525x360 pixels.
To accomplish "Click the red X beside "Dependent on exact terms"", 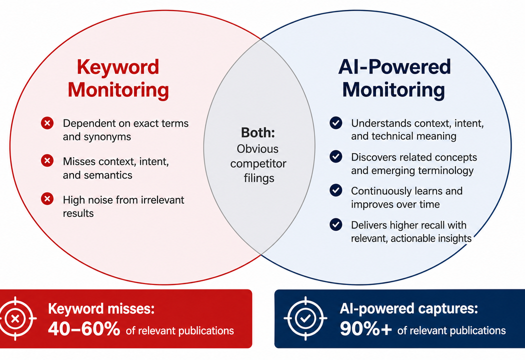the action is (x=47, y=123).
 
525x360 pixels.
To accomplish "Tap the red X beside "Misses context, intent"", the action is (x=47, y=160).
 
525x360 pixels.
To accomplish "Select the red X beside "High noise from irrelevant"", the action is (x=47, y=199).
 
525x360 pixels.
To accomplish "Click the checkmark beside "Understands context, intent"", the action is (x=336, y=123).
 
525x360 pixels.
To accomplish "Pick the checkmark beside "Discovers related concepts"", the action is (x=336, y=156).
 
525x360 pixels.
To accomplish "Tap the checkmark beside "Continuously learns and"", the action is (x=336, y=190).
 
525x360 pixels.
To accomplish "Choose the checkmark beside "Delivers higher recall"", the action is (x=336, y=224).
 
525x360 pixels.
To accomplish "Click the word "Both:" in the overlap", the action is (x=258, y=133).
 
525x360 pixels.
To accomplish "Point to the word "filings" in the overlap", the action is (x=259, y=178).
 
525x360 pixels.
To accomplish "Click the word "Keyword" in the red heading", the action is (x=118, y=67).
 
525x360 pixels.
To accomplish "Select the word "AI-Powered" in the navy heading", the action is (x=394, y=66).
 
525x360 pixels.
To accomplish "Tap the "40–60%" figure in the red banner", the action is (x=84, y=328).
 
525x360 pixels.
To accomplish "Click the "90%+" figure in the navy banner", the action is (x=365, y=328).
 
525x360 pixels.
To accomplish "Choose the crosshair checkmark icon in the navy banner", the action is (x=305, y=318).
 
